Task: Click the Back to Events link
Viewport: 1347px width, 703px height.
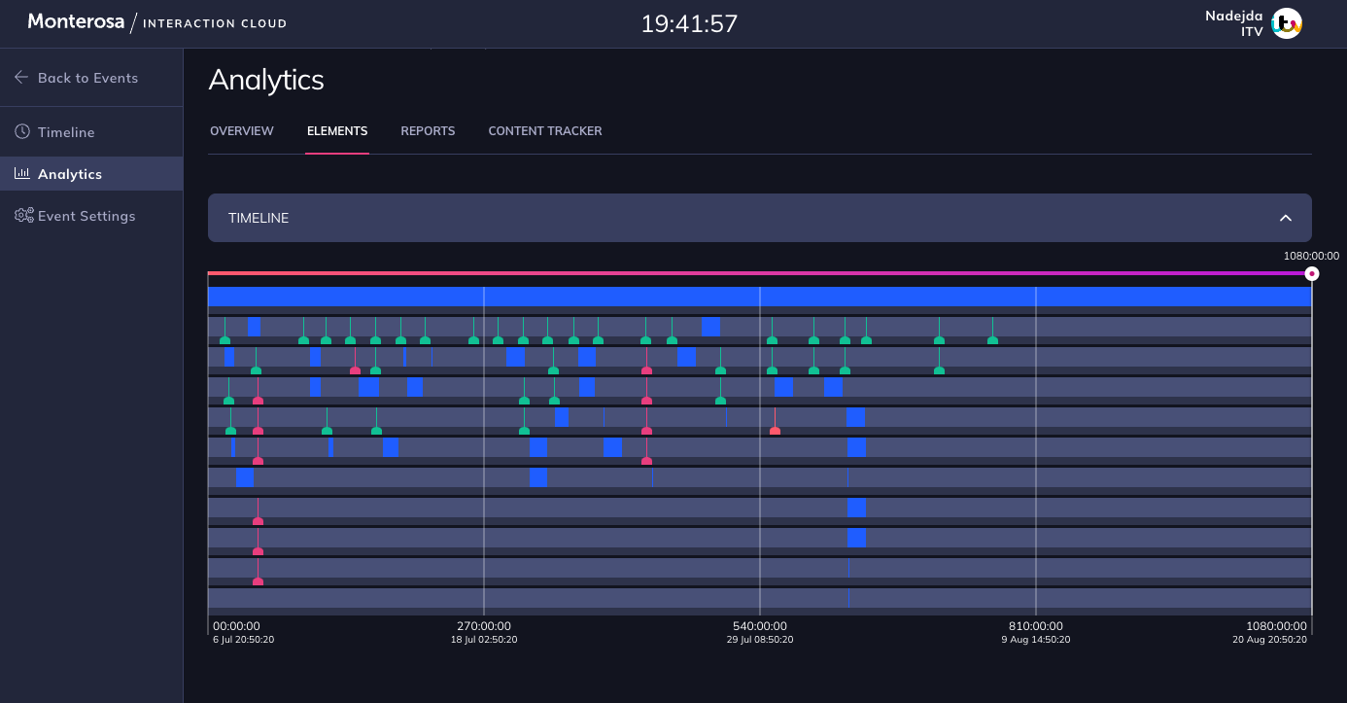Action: [86, 78]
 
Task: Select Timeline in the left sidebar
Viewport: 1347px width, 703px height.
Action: [65, 132]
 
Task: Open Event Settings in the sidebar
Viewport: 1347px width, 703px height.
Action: [86, 216]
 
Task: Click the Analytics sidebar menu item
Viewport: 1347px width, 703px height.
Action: [69, 174]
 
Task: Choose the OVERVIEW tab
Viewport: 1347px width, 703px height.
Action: [242, 131]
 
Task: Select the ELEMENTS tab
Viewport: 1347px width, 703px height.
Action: [337, 131]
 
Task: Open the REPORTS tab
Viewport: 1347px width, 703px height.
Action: [428, 131]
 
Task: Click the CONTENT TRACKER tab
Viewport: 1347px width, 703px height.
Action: [545, 131]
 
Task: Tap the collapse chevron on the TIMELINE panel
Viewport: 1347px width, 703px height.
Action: [1286, 218]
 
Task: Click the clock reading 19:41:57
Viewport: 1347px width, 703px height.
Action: [689, 23]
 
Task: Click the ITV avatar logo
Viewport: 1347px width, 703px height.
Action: [1287, 23]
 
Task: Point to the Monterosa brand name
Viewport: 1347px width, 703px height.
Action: [76, 21]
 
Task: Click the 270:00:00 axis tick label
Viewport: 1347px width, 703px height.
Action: [484, 626]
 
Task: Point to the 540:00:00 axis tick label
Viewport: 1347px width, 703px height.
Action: [760, 626]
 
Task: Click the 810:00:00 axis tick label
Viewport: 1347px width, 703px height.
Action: [1036, 626]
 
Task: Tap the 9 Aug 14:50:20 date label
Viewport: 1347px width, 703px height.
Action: [1036, 640]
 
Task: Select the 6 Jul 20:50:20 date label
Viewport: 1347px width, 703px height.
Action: [243, 640]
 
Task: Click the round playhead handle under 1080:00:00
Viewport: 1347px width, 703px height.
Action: [1312, 274]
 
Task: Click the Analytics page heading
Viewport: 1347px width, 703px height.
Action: [266, 80]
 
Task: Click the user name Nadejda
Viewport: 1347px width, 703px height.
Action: [1234, 16]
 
